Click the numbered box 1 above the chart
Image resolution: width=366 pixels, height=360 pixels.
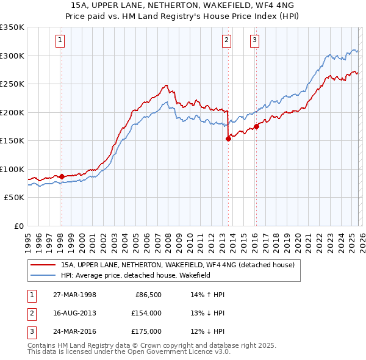point(61,41)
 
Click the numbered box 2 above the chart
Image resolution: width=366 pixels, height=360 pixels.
point(226,41)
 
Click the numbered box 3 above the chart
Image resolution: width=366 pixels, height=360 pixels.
point(254,41)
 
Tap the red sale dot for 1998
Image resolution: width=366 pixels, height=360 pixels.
point(62,176)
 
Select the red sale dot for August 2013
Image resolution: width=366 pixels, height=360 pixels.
point(228,139)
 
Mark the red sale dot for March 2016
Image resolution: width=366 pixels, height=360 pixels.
point(256,126)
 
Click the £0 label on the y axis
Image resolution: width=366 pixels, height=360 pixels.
point(18,226)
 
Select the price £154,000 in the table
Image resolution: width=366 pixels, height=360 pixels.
point(146,313)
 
